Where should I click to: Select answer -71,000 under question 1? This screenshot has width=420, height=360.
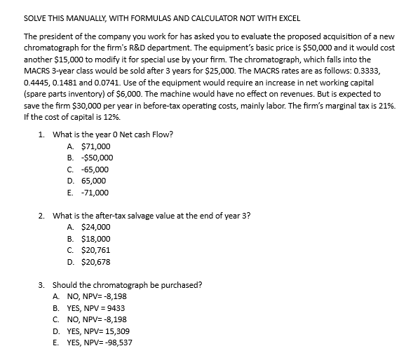(x=95, y=192)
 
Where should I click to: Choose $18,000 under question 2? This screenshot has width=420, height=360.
(x=95, y=238)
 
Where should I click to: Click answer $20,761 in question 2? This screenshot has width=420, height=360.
(x=95, y=249)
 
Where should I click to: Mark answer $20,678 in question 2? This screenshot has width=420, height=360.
(x=95, y=261)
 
